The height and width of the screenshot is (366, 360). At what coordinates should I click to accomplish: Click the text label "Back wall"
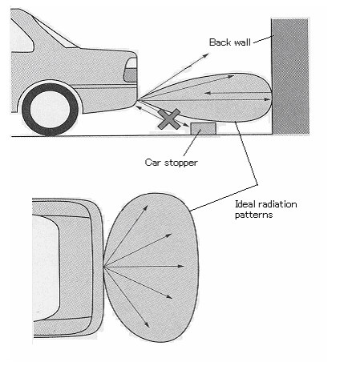tap(230, 42)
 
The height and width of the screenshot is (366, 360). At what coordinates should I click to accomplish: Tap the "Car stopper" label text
tap(172, 163)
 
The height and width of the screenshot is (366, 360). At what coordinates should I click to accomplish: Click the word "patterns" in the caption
tap(253, 215)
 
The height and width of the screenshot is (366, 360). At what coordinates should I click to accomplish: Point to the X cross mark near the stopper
tap(169, 119)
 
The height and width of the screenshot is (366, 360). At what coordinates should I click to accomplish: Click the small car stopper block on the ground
tap(204, 129)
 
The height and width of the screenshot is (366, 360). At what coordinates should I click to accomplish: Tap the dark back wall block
tap(290, 76)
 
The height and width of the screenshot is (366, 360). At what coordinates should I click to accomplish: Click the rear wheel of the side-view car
tap(50, 110)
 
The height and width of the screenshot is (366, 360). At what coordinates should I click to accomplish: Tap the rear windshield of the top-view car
tap(45, 267)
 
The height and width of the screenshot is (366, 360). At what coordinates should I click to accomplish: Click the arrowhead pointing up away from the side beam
tap(206, 55)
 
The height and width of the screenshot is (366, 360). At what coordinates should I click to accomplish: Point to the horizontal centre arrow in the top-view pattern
tap(144, 267)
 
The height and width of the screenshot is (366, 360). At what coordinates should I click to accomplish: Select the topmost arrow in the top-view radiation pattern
tap(126, 236)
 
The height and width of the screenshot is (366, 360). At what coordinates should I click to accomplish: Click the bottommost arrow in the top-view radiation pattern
tap(127, 297)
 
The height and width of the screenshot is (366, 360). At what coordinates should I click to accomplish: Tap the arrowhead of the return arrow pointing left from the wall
tap(208, 93)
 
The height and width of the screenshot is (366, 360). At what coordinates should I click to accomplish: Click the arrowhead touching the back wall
tap(268, 99)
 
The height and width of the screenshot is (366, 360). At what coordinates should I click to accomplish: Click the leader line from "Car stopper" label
tap(192, 143)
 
